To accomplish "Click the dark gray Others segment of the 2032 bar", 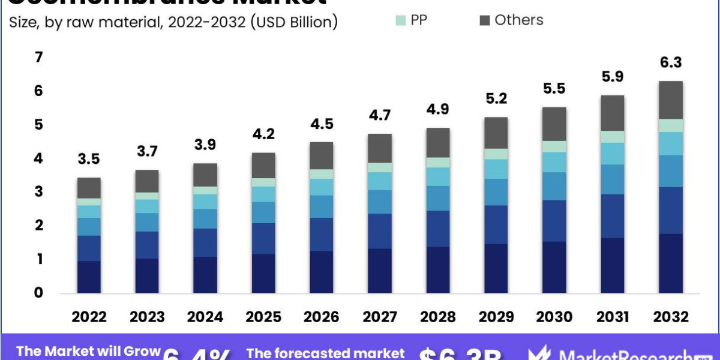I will click(671, 100).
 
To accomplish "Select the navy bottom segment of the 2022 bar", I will click(89, 277).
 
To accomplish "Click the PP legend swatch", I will click(400, 20).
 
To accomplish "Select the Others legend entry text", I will click(518, 20).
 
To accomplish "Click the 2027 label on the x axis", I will click(380, 317).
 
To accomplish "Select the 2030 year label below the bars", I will click(554, 317).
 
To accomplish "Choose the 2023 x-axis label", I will click(147, 317).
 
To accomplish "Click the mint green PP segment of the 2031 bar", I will click(613, 137).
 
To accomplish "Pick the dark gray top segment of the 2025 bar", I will click(263, 165).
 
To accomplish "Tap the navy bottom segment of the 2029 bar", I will click(496, 269).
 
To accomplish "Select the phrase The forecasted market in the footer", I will click(325, 353).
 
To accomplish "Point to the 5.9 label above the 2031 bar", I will click(613, 77).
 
